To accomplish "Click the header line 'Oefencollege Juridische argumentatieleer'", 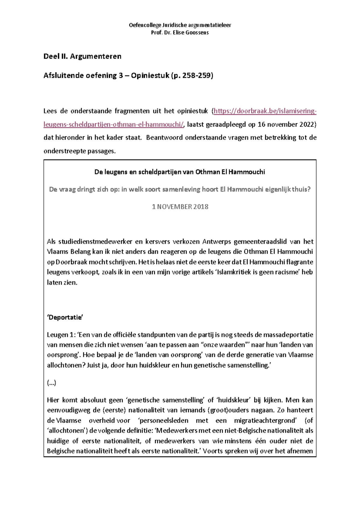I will click(180, 25).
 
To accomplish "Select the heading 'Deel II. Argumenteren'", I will click(82, 56).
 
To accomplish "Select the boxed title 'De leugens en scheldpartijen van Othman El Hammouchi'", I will click(180, 172).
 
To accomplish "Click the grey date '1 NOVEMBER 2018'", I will click(180, 207).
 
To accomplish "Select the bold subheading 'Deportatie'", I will click(65, 318).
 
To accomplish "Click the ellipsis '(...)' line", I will click(52, 383).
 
